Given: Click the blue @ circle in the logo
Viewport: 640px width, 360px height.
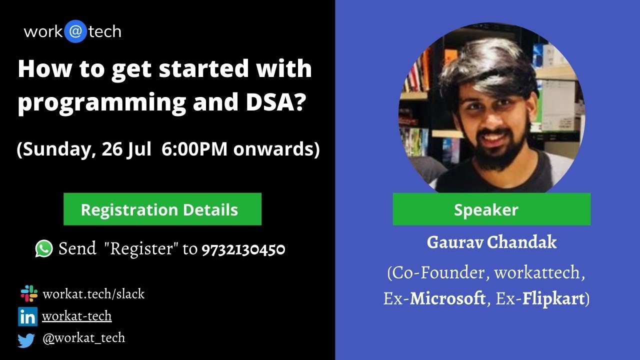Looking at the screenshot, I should [x=75, y=32].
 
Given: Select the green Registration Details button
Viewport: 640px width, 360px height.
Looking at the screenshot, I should [x=162, y=209].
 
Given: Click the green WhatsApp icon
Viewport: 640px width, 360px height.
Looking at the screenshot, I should [x=44, y=248].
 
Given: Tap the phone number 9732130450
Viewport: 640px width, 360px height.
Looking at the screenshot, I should [x=243, y=249].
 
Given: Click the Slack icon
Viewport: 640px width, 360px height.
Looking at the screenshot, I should [x=28, y=293].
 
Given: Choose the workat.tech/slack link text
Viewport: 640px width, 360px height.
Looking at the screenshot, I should [x=93, y=294].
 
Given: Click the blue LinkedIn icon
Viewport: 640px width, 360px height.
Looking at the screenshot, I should [x=27, y=316].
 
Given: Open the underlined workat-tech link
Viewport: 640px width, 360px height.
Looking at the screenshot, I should [x=76, y=316].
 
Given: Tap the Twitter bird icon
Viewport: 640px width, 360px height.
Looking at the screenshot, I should [x=26, y=340].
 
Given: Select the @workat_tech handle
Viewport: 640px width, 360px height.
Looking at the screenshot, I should [x=83, y=338].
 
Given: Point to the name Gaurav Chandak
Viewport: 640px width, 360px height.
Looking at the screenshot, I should [x=491, y=242].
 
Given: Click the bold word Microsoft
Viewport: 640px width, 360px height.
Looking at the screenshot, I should [x=447, y=299].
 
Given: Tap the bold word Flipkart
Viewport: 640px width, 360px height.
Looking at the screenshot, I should [x=554, y=299].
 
